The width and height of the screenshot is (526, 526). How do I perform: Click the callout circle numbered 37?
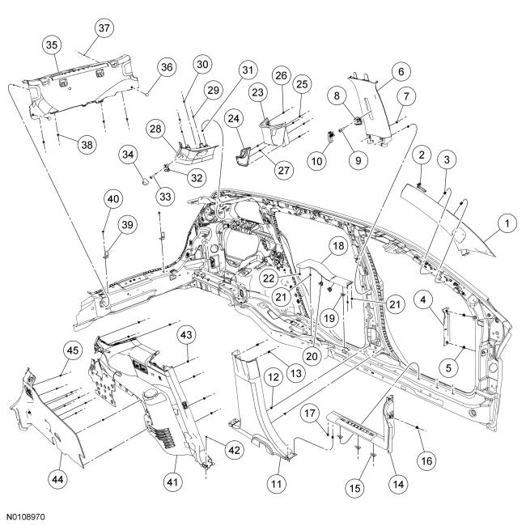(104, 28)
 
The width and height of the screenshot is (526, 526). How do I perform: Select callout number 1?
(507, 223)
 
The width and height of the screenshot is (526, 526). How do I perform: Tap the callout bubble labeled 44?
(58, 479)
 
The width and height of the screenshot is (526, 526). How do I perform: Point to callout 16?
(426, 460)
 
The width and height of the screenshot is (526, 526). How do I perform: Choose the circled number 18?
(338, 246)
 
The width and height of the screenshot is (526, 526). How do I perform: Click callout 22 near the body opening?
(269, 278)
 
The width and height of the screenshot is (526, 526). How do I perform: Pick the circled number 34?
(128, 155)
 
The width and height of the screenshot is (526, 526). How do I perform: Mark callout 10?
(317, 161)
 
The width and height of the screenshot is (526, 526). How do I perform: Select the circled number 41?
(172, 482)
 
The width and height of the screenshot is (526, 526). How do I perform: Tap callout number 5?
(448, 367)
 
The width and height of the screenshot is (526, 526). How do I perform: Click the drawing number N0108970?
(26, 516)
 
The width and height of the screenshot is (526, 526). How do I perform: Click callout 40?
(113, 199)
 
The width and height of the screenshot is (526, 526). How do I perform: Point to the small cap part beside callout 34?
(145, 181)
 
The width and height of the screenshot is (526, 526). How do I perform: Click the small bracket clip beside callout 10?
(331, 136)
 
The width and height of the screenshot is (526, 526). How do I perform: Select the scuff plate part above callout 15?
(358, 426)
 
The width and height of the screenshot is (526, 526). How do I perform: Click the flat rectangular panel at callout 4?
(445, 328)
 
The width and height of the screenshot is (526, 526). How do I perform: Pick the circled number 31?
(248, 70)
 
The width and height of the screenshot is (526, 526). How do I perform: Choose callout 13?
(296, 373)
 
